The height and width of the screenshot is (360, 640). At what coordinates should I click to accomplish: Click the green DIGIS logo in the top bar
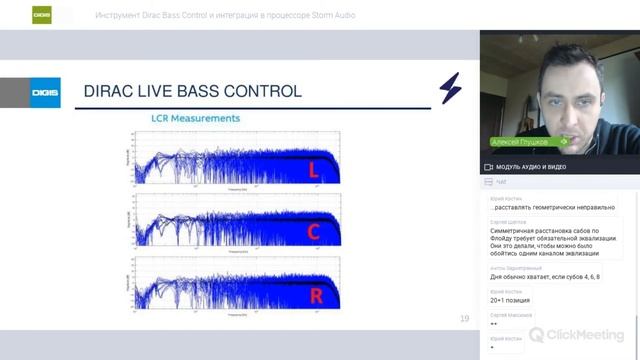coord(42,15)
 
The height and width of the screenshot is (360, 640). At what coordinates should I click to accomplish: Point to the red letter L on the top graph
coord(312,172)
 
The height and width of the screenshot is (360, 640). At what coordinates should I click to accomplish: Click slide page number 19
coord(464,319)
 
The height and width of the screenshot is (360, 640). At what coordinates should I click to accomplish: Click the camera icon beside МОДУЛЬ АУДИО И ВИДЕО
coord(488,166)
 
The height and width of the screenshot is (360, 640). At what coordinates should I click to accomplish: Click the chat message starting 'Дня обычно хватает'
coord(544,278)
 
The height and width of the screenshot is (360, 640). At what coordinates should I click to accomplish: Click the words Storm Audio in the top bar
coord(331,15)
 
